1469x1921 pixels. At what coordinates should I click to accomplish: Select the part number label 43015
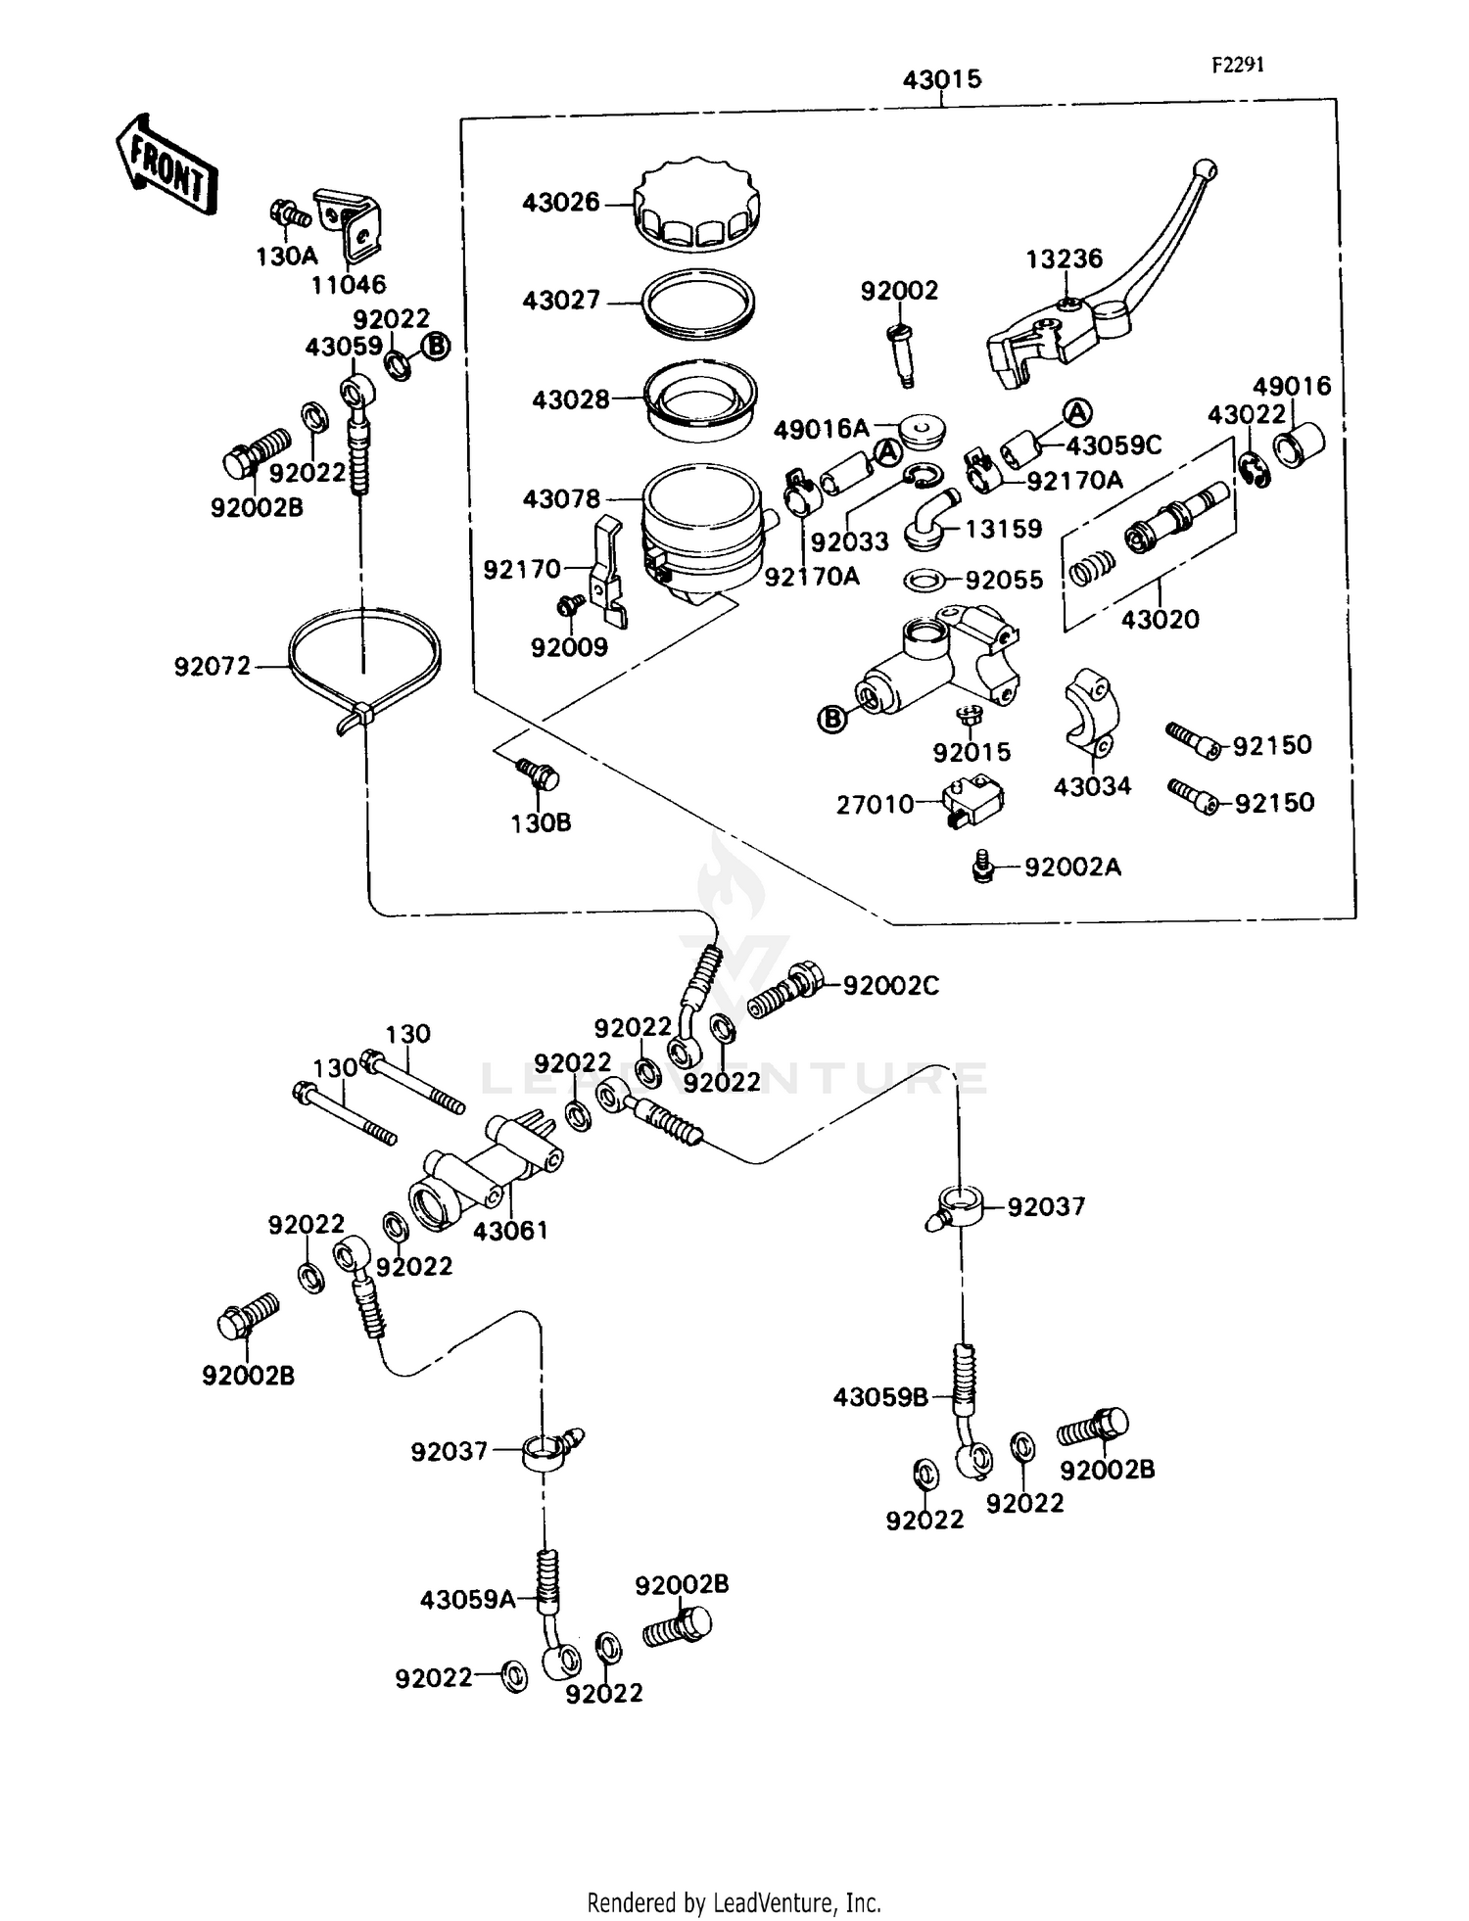tap(941, 79)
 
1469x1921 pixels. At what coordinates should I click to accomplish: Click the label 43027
tap(561, 301)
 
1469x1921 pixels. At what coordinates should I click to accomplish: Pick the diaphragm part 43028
tap(698, 401)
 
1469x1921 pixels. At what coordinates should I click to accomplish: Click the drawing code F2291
tap(1238, 65)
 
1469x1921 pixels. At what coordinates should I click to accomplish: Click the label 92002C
tap(890, 985)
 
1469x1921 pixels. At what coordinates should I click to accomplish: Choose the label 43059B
tap(879, 1397)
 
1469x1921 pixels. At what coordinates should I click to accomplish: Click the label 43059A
tap(467, 1600)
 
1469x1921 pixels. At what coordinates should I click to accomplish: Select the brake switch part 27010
tap(971, 803)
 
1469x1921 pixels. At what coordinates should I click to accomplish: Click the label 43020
tap(1160, 619)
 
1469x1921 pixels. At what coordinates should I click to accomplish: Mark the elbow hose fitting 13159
tap(926, 518)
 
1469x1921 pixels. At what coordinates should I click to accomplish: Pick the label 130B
tap(541, 822)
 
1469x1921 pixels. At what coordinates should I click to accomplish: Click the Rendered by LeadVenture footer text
tap(734, 1901)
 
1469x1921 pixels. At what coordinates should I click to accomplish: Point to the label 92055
tap(1004, 580)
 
